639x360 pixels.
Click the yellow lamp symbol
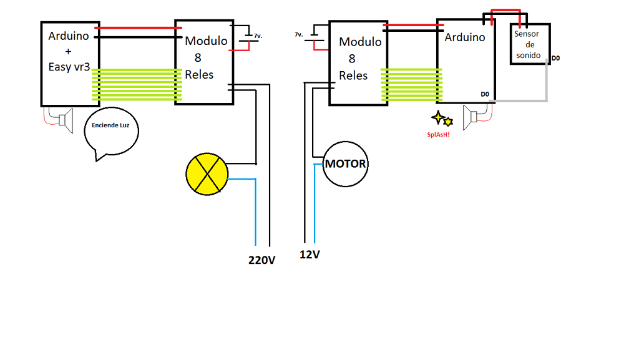(207, 173)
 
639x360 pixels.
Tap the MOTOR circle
(345, 164)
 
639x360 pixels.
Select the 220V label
(262, 260)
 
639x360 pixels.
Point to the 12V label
(310, 255)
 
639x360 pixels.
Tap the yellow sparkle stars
(442, 119)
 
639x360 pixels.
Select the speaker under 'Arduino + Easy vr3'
(65, 118)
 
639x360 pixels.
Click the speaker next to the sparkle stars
(471, 115)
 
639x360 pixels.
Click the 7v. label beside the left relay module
(258, 36)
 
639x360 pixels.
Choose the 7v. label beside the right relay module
(299, 35)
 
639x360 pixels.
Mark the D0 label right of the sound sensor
(555, 58)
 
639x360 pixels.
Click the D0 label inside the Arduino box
(485, 94)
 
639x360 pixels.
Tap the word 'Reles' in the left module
(199, 75)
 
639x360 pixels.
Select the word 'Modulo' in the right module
(360, 42)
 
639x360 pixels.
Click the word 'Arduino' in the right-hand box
(464, 37)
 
